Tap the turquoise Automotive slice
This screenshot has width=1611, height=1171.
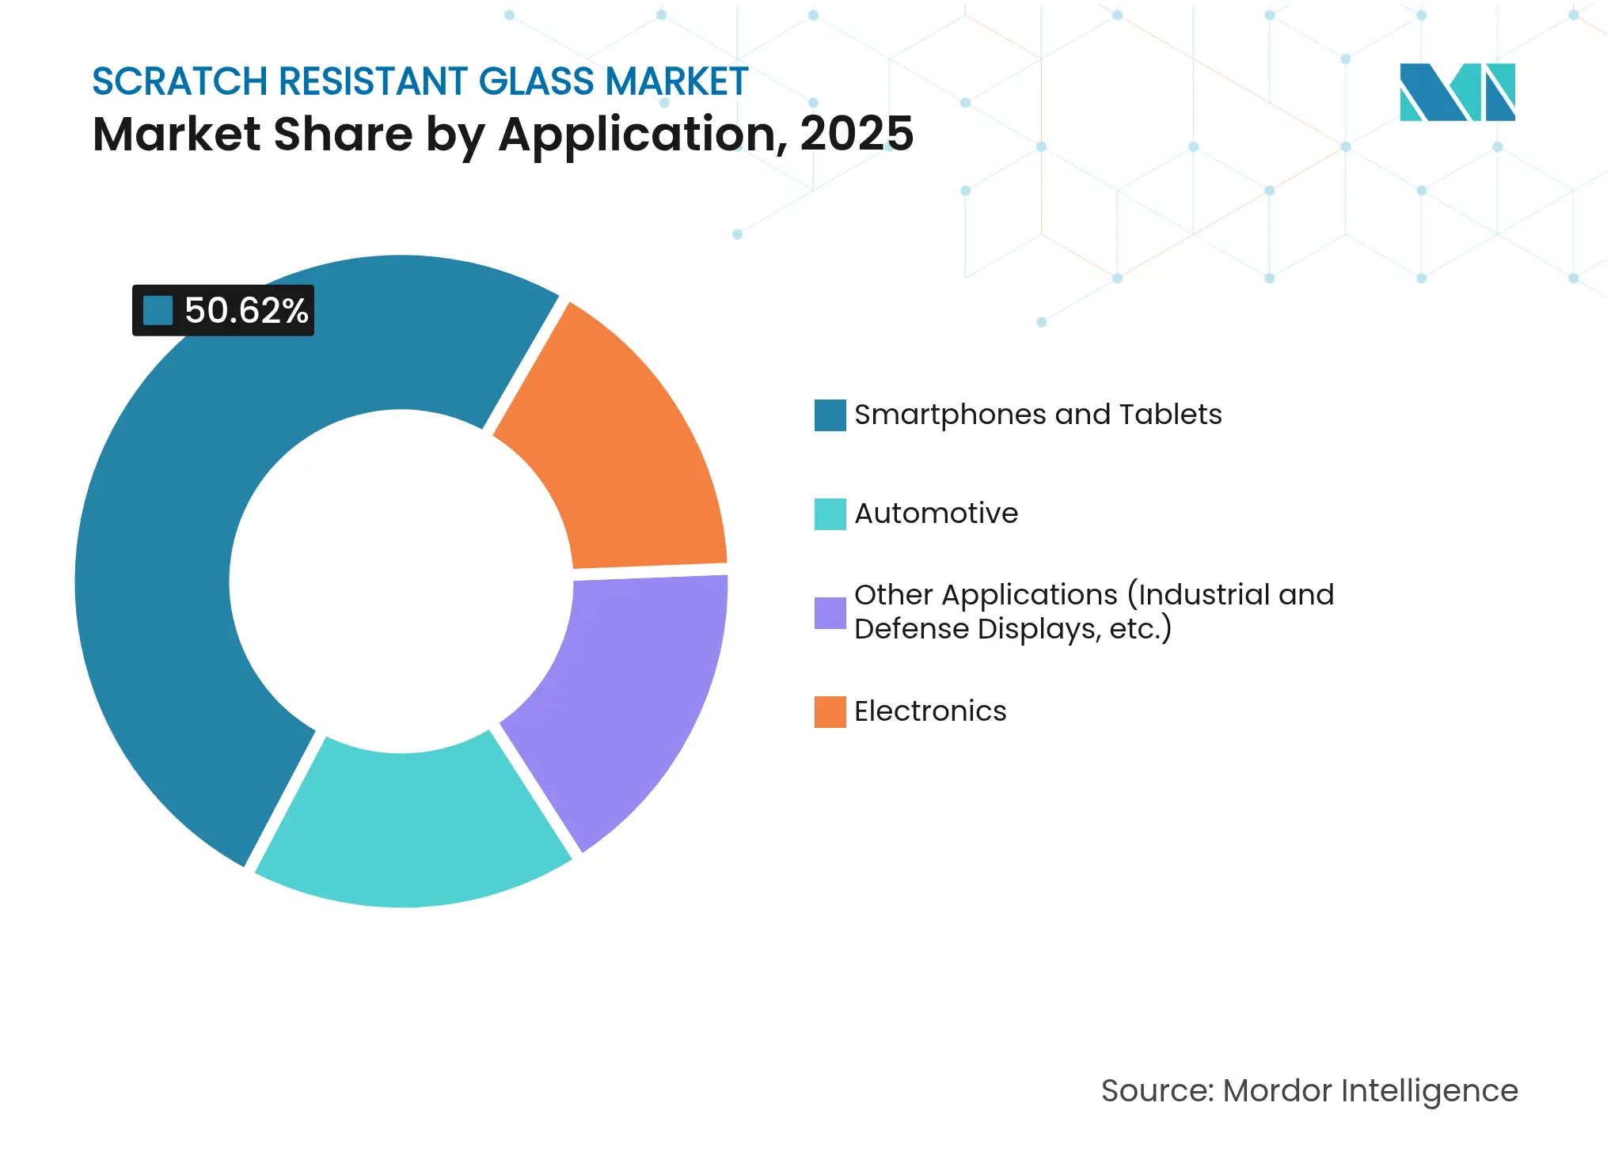tap(412, 823)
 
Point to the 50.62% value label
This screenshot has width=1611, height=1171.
tap(245, 311)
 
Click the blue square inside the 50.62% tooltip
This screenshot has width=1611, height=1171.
tap(158, 311)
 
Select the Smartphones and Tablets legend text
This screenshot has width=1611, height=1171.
tap(1037, 415)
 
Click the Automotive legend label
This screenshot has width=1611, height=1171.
tap(936, 513)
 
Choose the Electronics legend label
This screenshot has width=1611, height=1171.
tap(930, 711)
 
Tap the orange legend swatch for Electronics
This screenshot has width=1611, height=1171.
tap(830, 711)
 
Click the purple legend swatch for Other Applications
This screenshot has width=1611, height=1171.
tap(830, 612)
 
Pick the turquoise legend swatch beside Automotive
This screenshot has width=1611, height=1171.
tap(830, 513)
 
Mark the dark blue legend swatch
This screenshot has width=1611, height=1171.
tap(830, 415)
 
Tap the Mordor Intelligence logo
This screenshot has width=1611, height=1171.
tap(1457, 92)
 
